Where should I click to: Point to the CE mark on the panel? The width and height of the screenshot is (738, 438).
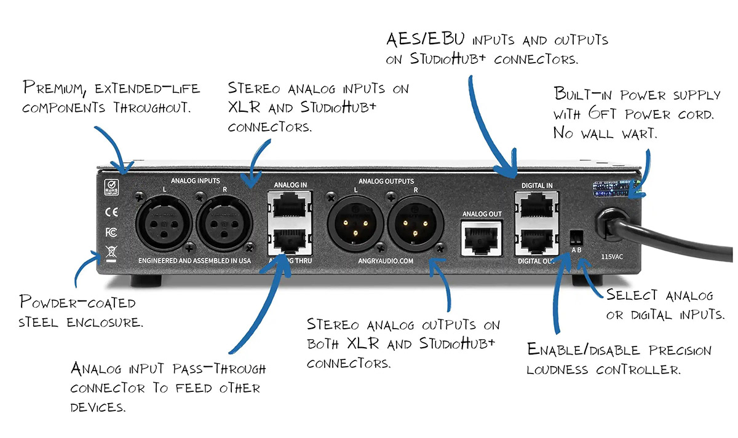[x=111, y=213]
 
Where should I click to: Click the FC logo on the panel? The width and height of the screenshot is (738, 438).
[x=111, y=232]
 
